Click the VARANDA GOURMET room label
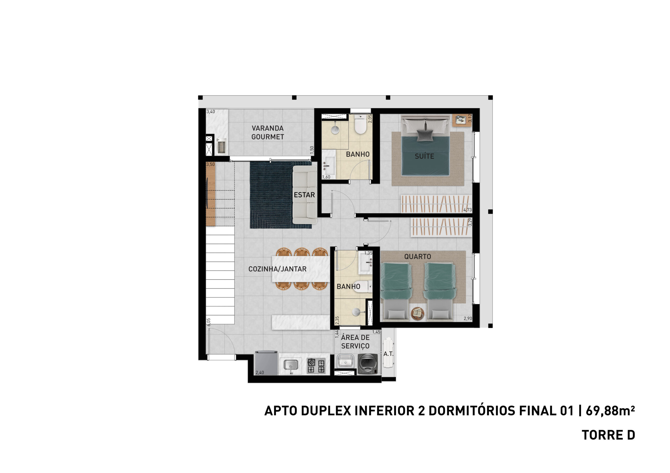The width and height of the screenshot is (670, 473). point(267,132)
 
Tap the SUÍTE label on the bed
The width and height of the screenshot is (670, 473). point(424,156)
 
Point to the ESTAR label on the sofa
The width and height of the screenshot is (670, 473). point(304,195)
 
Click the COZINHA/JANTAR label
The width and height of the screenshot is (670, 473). point(277,269)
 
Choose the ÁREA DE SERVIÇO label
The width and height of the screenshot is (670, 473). point(355,342)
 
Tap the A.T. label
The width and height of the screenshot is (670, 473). point(388,354)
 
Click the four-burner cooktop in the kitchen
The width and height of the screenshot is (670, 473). point(316,366)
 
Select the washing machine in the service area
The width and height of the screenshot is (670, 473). point(368,364)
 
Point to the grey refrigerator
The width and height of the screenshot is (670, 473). point(266,363)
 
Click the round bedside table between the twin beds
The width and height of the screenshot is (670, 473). point(417,313)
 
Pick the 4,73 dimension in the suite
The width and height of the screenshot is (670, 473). point(467,210)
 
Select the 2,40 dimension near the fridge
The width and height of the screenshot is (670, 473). point(260,372)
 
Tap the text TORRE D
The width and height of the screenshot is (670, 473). point(608,435)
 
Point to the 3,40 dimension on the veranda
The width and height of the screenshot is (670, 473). point(211,112)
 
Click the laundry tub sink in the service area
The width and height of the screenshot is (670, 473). point(345,362)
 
